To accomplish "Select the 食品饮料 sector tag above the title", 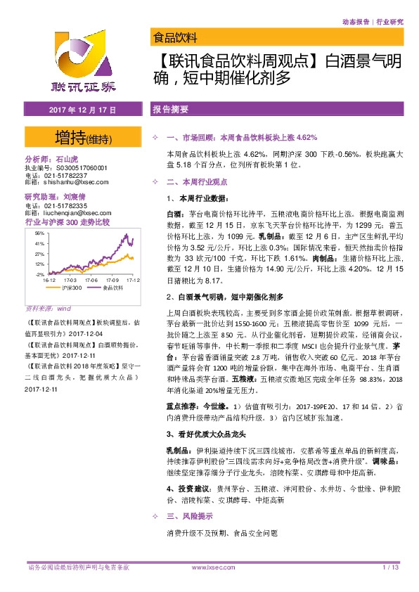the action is click(175, 37).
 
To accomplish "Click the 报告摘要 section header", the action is click(170, 110).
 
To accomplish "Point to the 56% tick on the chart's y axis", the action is click(40, 233).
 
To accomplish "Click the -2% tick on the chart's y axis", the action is click(41, 274).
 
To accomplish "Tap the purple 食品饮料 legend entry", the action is click(108, 288).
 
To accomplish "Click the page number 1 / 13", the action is click(391, 567).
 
